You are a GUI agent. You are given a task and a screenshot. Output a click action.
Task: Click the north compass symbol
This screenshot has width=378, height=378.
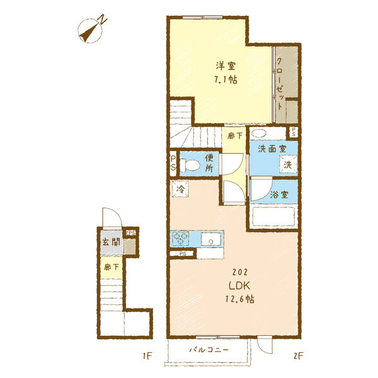tap(91, 31)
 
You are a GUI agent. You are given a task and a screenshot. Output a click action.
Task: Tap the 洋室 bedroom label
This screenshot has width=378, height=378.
tap(226, 66)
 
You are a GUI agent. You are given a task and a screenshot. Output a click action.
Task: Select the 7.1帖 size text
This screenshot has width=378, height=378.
tap(226, 79)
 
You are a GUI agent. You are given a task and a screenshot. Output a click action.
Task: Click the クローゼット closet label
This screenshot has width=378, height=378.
tap(280, 84)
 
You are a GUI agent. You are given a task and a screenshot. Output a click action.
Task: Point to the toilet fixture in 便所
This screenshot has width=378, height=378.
tap(190, 165)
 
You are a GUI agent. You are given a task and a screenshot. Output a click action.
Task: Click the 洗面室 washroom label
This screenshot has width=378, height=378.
tap(272, 149)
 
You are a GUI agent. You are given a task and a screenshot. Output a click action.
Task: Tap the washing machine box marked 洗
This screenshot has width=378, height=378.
tap(288, 164)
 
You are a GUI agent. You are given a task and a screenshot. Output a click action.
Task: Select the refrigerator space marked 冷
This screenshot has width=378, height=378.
tap(180, 189)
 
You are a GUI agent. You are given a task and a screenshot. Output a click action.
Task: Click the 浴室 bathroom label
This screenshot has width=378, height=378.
tap(279, 194)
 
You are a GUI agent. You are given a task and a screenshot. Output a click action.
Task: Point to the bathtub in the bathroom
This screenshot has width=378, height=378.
tap(273, 216)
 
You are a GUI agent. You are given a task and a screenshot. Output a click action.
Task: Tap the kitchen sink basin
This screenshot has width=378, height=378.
tap(211, 239)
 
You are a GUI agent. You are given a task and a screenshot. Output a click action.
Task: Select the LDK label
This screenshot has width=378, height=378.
tap(239, 285)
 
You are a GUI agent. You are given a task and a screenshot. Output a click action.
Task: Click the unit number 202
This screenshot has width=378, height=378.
tap(239, 272)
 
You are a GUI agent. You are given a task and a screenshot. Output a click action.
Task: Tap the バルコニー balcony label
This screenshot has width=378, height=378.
tap(209, 350)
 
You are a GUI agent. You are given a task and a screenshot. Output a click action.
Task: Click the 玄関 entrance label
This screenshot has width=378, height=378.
tap(111, 242)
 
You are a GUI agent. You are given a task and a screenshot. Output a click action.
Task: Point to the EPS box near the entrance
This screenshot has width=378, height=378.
tap(131, 233)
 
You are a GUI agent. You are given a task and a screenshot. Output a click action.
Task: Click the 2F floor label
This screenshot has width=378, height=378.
tap(298, 356)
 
